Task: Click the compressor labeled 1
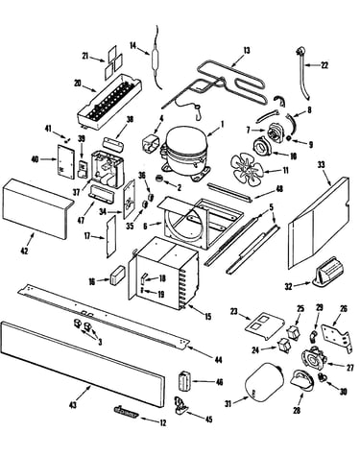point(185,154)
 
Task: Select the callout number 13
point(247,51)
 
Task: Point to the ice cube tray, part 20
point(109,103)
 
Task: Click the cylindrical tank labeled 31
point(264,383)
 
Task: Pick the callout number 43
point(73,405)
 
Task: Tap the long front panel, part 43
point(84,365)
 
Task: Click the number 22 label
point(324,65)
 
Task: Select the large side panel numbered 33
point(318,224)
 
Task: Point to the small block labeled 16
point(115,276)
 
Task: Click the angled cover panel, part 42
point(37,208)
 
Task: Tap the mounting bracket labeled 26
point(336,338)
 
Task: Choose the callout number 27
point(349,368)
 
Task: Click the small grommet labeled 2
point(158,179)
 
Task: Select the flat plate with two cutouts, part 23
point(264,325)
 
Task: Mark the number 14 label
point(133,46)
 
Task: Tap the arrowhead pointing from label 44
point(189,348)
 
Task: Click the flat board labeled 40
point(65,161)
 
